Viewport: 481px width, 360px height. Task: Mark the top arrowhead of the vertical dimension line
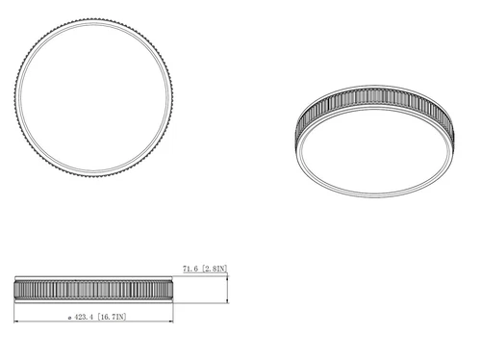point(228,279)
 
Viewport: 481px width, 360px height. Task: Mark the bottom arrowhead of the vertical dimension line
point(228,300)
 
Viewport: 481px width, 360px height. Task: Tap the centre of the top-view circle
point(93,97)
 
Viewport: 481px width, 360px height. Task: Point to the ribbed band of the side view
point(93,289)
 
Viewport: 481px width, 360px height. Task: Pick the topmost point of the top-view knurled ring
point(93,18)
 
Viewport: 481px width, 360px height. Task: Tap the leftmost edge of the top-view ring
point(14,97)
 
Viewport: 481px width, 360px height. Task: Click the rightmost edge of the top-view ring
point(172,97)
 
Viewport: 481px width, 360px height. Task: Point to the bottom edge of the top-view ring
point(93,176)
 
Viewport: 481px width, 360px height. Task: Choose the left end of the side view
point(15,289)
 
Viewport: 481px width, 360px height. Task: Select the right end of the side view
point(173,289)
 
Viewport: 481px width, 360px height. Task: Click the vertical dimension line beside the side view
point(228,290)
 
